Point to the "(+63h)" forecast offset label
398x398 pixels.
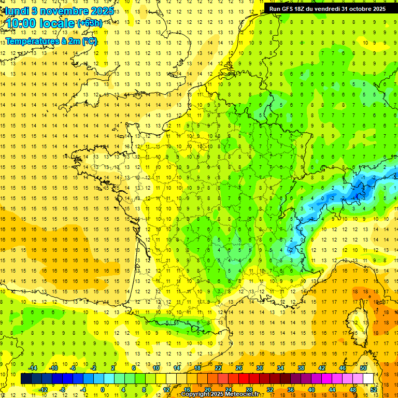[x=89, y=23]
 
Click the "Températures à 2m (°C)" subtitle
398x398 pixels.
[x=51, y=41]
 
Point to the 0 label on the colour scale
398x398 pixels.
[x=102, y=390]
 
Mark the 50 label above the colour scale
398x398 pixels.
[x=363, y=368]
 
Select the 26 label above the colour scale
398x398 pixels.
[x=239, y=368]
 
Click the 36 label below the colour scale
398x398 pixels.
[x=291, y=390]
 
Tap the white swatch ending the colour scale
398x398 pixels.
[x=368, y=379]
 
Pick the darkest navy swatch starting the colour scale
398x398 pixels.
[x=26, y=379]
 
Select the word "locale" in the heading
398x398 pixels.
[x=56, y=23]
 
